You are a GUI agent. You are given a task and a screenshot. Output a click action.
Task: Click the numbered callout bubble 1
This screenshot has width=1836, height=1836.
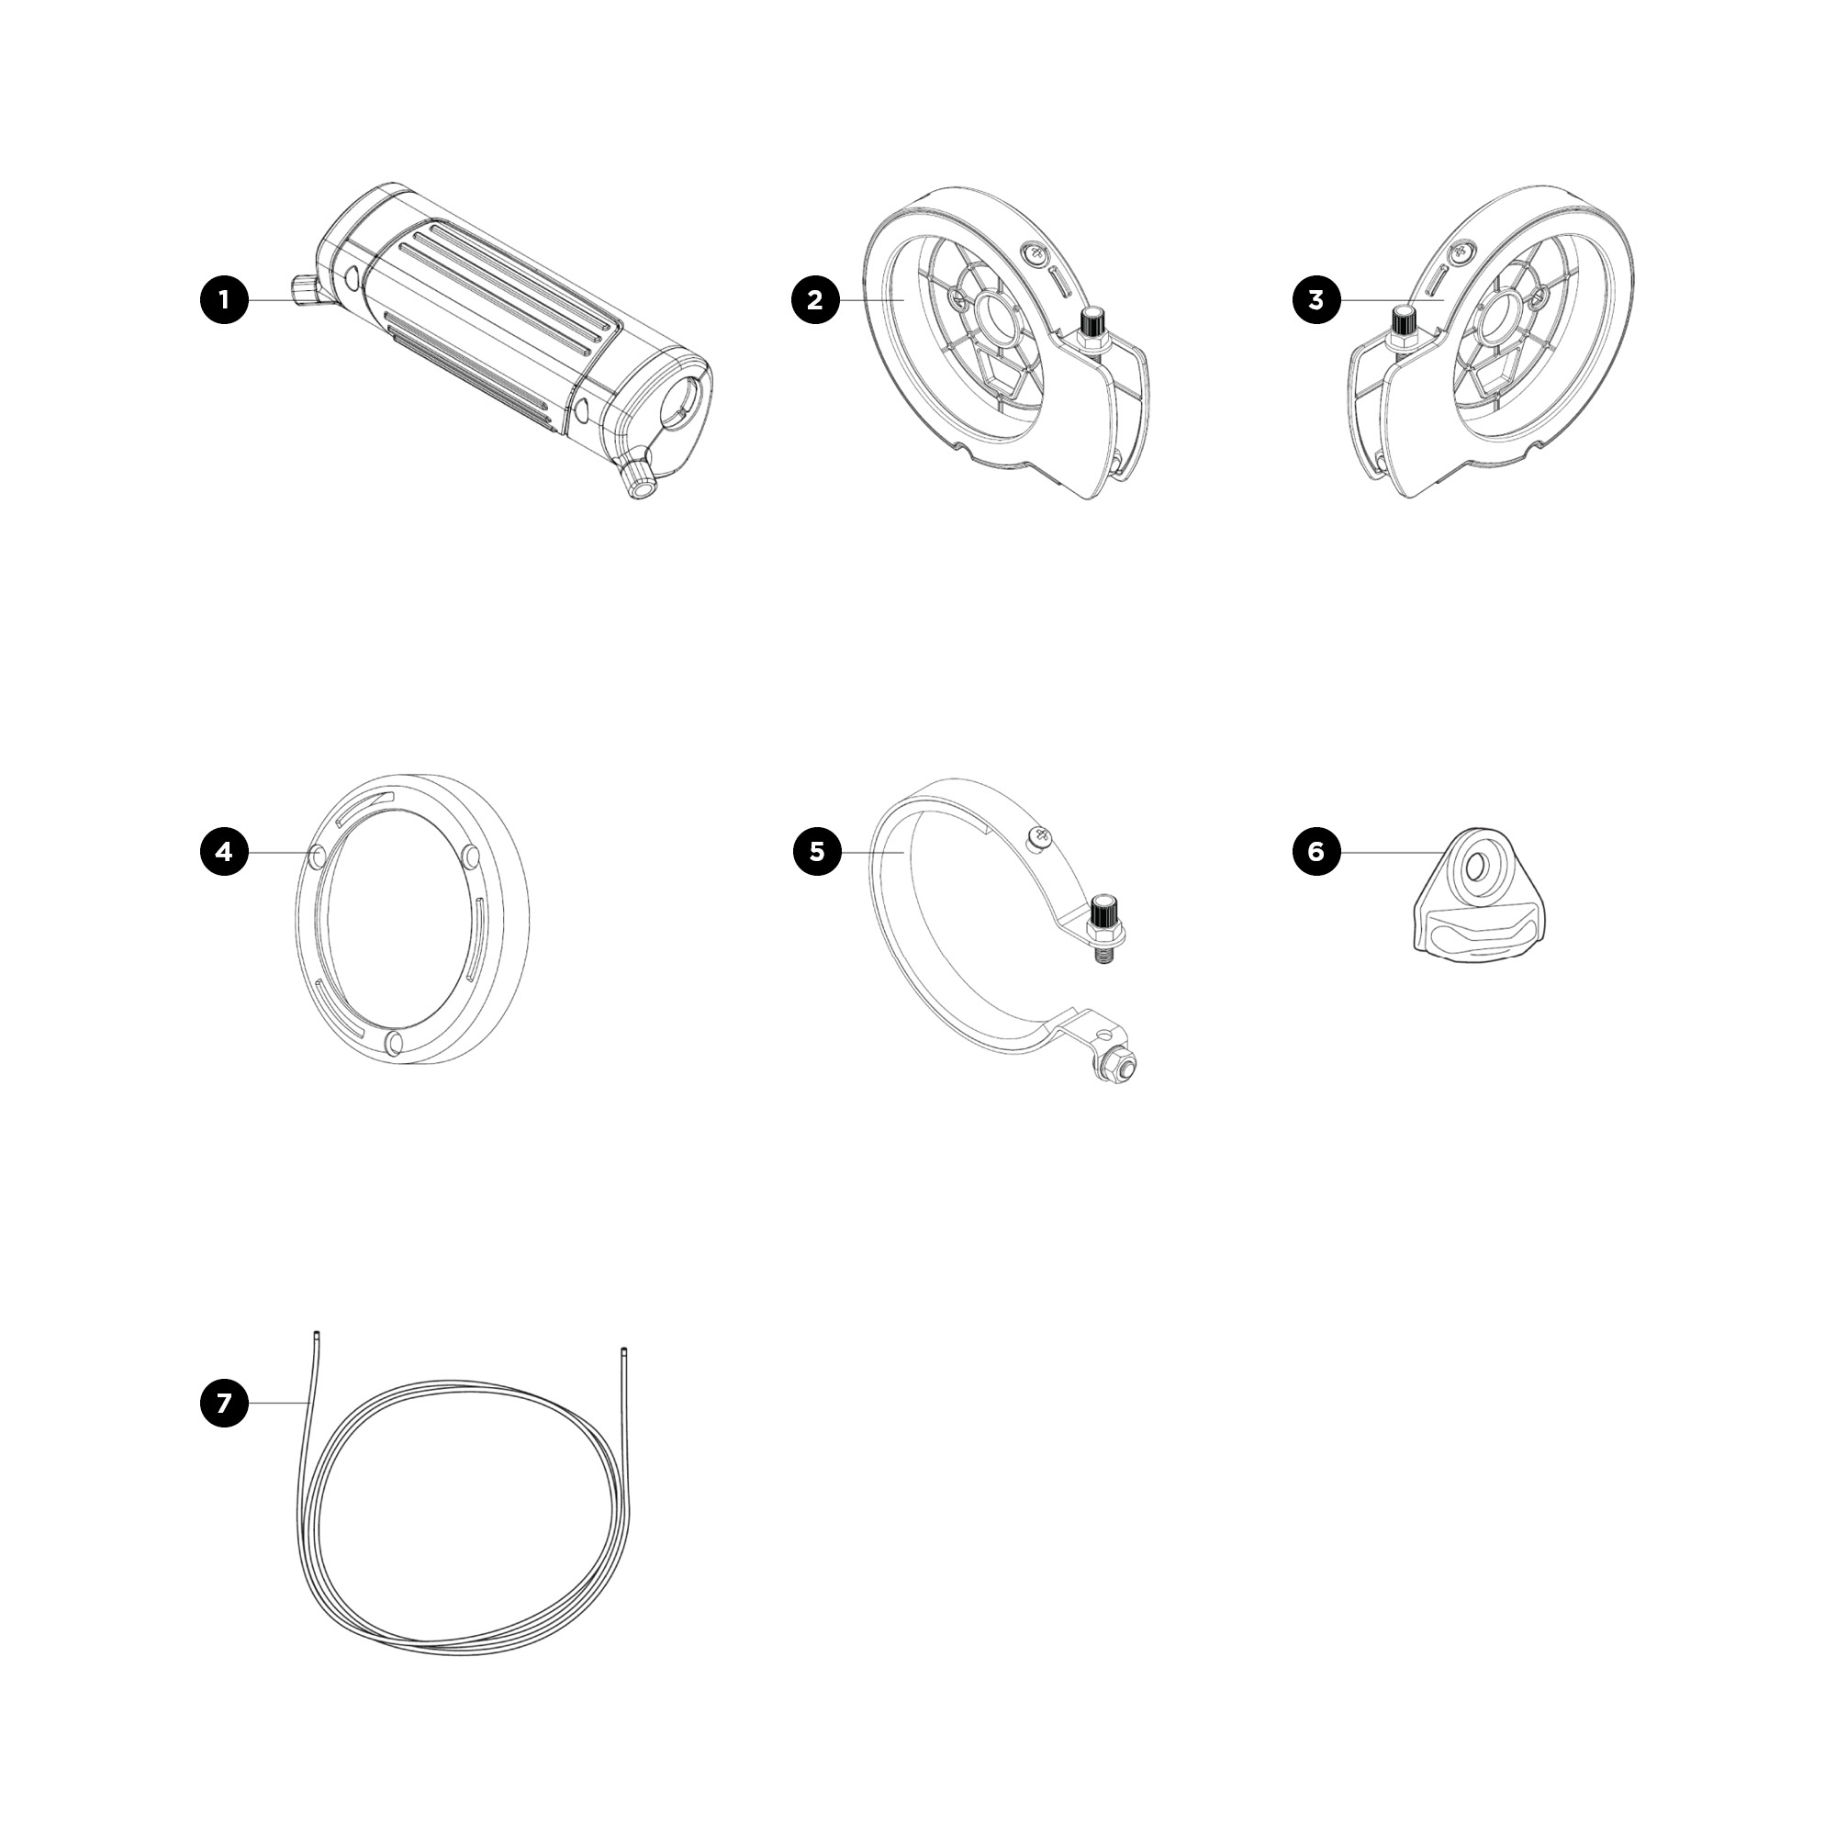coord(224,300)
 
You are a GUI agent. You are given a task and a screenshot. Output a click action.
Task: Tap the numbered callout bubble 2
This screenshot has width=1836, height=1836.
coord(815,300)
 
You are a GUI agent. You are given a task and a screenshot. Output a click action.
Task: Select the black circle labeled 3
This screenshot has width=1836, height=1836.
coord(1316,300)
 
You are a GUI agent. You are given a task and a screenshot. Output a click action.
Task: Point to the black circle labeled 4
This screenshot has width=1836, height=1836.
coord(224,852)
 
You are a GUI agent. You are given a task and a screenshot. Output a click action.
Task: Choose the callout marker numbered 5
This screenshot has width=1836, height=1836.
coord(817,852)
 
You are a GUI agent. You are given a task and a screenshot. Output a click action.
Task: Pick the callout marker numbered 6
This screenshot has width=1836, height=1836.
coord(1316,852)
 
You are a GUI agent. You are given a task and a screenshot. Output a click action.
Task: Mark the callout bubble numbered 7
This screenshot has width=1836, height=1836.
coord(224,1403)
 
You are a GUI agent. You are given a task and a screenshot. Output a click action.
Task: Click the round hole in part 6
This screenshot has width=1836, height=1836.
coord(1477,866)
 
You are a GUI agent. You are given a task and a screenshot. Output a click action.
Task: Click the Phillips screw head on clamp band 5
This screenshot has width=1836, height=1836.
coord(1042,836)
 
